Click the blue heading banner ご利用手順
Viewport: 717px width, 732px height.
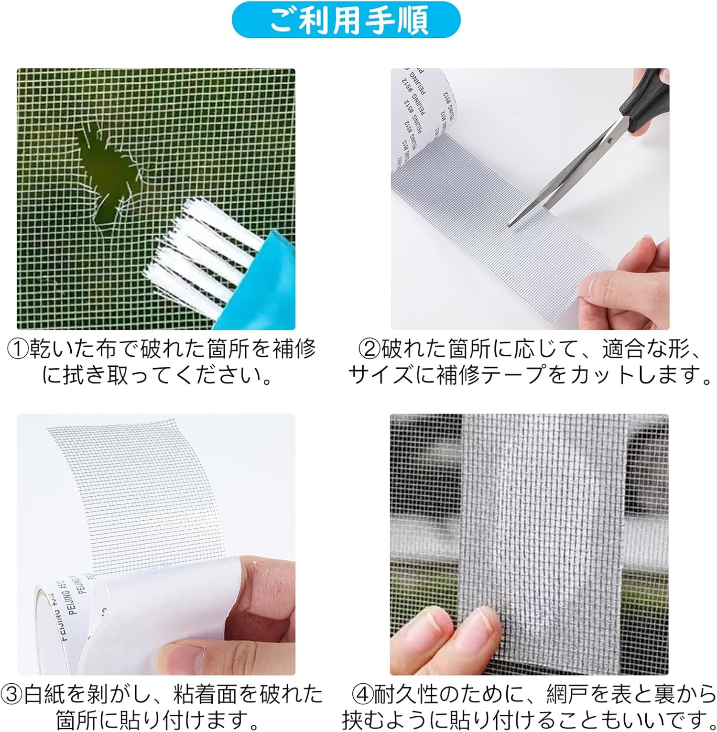coord(346,20)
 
